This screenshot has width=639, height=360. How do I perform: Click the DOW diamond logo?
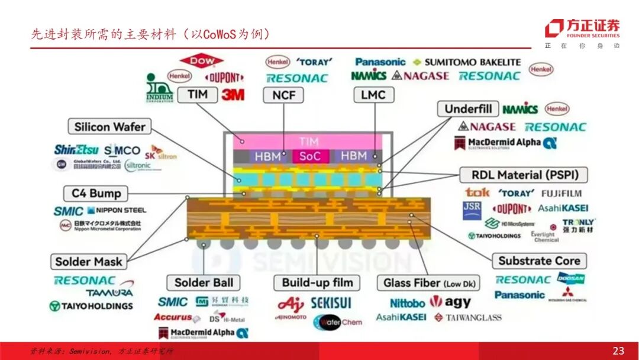point(201,60)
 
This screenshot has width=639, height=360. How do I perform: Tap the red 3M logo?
point(233,95)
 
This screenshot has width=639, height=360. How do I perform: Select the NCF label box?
point(284,95)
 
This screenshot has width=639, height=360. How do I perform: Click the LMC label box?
point(373,95)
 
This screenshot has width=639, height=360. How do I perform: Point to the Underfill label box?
point(469,109)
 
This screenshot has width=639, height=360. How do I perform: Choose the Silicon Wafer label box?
point(109,127)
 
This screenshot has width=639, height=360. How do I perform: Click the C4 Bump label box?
point(96,194)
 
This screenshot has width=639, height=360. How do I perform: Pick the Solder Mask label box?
point(89,262)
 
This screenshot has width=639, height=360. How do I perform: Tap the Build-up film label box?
point(317,282)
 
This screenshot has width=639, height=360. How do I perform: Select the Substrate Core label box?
point(539,261)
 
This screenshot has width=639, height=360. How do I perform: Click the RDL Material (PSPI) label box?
point(523,175)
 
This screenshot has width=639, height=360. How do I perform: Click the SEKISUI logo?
point(331,303)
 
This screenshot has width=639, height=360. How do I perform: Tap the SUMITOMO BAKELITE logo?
point(466,62)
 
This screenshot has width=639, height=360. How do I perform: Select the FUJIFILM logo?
point(561,193)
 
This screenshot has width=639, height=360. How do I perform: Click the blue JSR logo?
point(472,209)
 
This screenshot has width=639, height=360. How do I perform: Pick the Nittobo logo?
point(407,303)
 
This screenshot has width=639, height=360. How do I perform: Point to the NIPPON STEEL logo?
point(117,210)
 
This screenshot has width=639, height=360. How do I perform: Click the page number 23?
point(618,351)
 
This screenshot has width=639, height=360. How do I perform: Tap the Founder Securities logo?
point(582,28)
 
